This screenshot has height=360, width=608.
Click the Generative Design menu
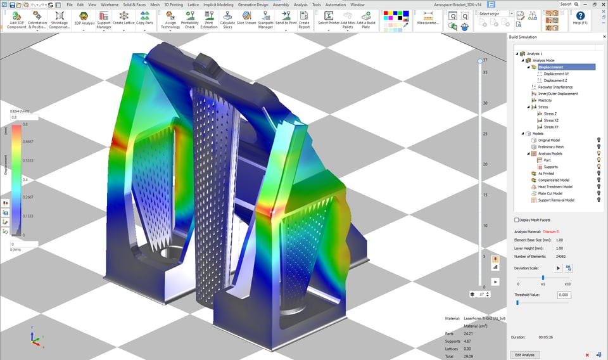tap(253, 4)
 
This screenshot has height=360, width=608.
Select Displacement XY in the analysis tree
tap(556, 74)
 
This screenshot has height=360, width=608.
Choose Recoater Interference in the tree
tap(555, 87)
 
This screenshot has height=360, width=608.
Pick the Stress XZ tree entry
tap(552, 120)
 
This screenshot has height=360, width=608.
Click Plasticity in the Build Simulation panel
tap(545, 100)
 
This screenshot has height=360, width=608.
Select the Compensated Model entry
tap(554, 180)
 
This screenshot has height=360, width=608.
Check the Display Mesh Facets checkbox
tap(516, 220)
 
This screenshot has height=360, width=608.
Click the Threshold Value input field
tap(564, 295)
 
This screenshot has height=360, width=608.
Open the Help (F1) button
tap(580, 19)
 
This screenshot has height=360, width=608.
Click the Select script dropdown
tap(495, 13)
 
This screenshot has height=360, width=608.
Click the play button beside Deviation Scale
tap(559, 268)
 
